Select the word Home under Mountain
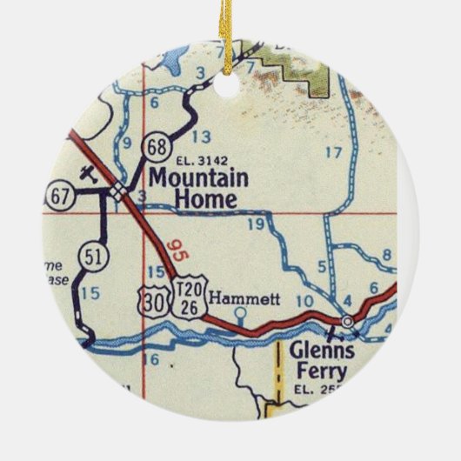click(192, 200)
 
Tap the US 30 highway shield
click(151, 298)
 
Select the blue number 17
click(332, 153)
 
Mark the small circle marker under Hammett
click(241, 313)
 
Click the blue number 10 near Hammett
click(304, 301)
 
